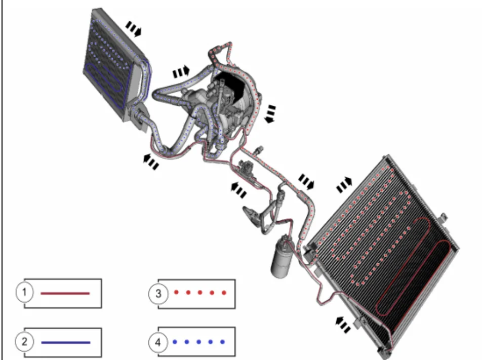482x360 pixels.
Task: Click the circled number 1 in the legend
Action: pyautogui.click(x=25, y=292)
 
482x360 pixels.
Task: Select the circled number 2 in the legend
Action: pyautogui.click(x=25, y=341)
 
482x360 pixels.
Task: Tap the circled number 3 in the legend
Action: pyautogui.click(x=158, y=294)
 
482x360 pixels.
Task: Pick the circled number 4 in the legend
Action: pyautogui.click(x=158, y=342)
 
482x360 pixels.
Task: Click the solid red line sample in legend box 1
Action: pyautogui.click(x=65, y=293)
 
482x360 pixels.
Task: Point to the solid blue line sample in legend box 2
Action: pyautogui.click(x=65, y=342)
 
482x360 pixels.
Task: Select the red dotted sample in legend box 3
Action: pyautogui.click(x=200, y=292)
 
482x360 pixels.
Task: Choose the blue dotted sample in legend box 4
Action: pyautogui.click(x=199, y=342)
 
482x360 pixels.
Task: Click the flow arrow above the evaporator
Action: pyautogui.click(x=134, y=28)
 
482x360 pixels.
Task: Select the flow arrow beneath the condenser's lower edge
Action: pyautogui.click(x=343, y=325)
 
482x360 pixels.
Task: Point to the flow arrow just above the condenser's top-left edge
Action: pyautogui.click(x=344, y=184)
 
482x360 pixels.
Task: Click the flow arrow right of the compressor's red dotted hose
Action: pyautogui.click(x=270, y=114)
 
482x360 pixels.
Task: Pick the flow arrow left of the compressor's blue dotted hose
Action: pyautogui.click(x=181, y=72)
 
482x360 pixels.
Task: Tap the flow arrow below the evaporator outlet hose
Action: pyautogui.click(x=151, y=162)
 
